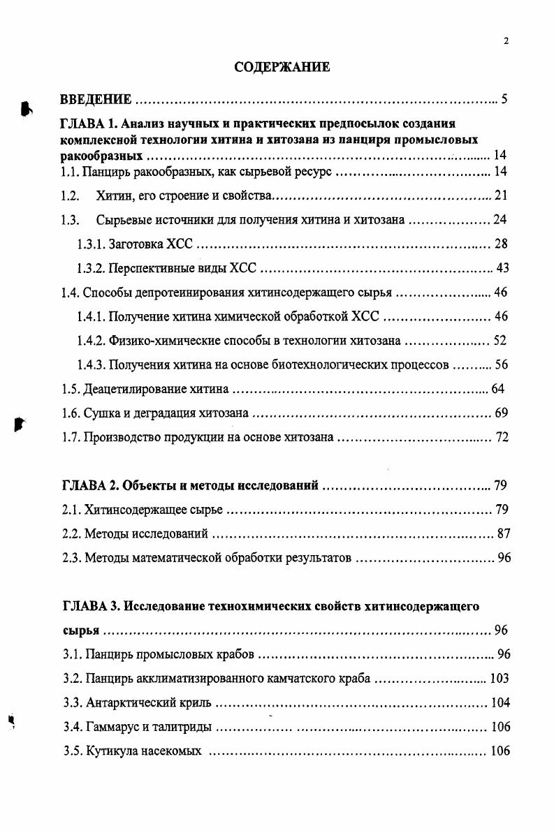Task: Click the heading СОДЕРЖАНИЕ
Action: [x=282, y=68]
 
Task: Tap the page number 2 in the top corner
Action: [x=506, y=41]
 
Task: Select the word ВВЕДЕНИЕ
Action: [x=96, y=98]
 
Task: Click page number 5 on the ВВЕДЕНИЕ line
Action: [x=504, y=98]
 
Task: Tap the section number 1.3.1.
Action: [x=92, y=244]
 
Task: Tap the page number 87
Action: [x=503, y=534]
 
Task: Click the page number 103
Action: [x=500, y=678]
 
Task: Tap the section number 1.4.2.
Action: [x=92, y=341]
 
